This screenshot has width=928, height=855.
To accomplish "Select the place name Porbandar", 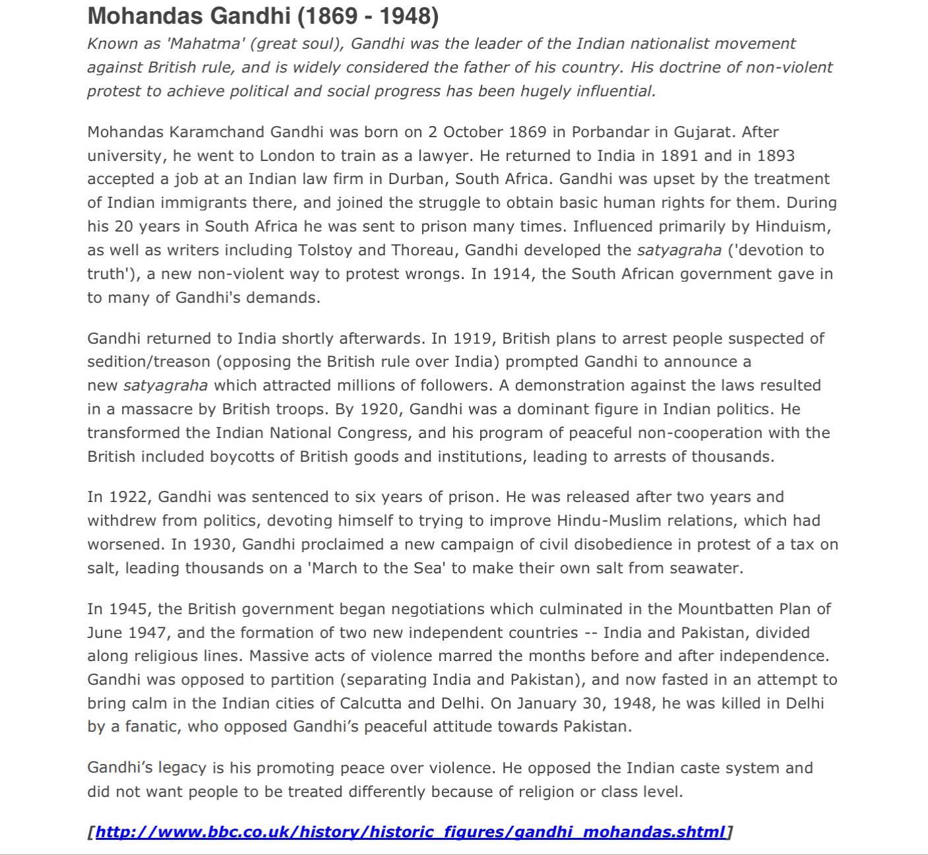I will [x=610, y=132].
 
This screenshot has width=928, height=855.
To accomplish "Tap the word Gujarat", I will [x=704, y=132].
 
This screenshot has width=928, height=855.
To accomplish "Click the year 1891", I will [x=679, y=156].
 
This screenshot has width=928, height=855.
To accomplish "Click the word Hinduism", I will [x=793, y=227].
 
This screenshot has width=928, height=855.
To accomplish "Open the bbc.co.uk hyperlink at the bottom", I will [x=410, y=832].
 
